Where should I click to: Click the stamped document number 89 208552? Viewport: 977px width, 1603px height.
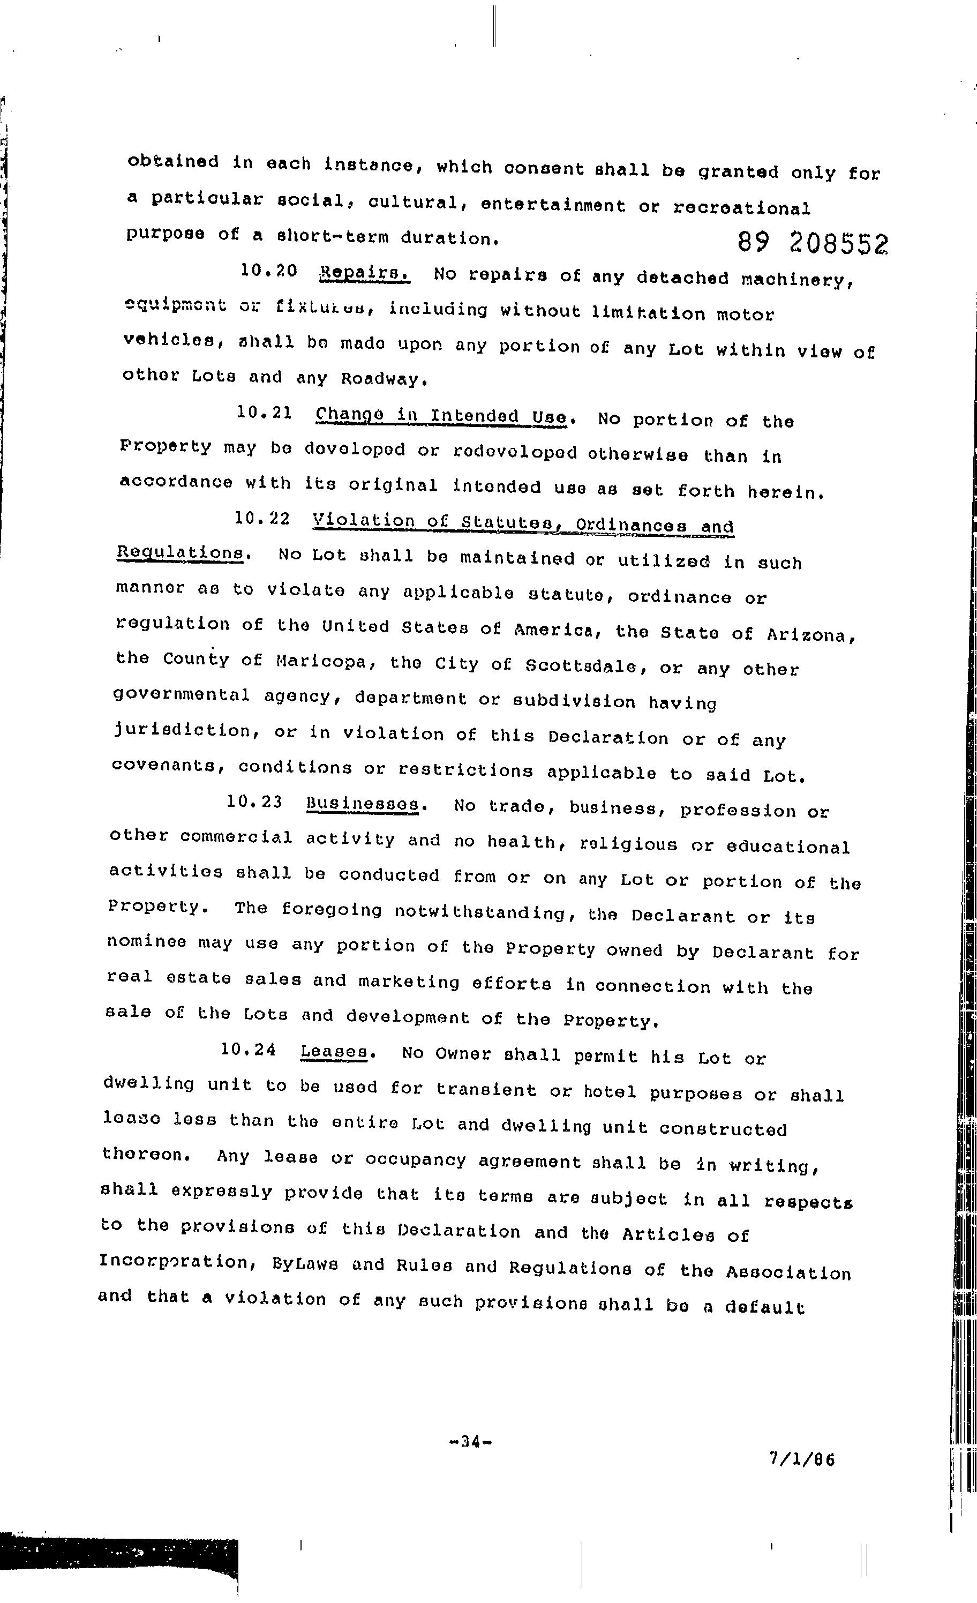click(813, 244)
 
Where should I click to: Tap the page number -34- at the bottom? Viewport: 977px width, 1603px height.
click(470, 1442)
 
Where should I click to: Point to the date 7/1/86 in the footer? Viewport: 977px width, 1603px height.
click(801, 1459)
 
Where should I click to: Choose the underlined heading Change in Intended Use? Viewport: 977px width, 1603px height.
click(441, 416)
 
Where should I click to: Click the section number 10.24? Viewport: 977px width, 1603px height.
click(248, 1050)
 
